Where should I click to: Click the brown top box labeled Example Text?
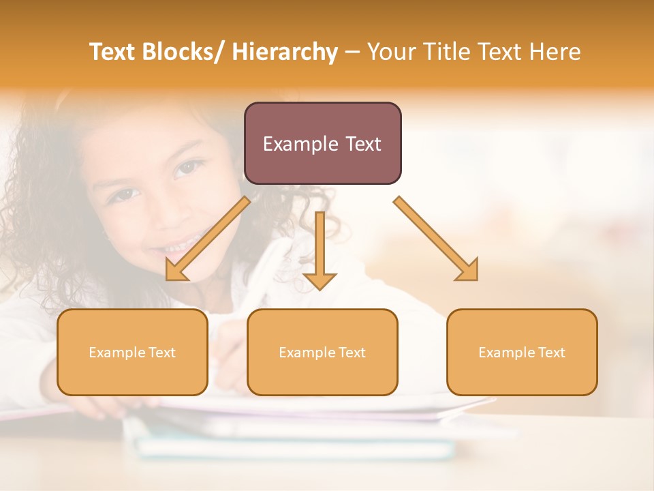[x=322, y=143]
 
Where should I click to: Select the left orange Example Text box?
[x=132, y=352]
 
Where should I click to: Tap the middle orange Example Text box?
[x=322, y=352]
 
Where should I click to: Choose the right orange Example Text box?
[x=522, y=352]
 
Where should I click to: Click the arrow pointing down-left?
[x=208, y=239]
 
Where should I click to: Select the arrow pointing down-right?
[x=436, y=239]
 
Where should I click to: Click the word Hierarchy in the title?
[x=285, y=52]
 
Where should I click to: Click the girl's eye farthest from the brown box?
[x=123, y=194]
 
